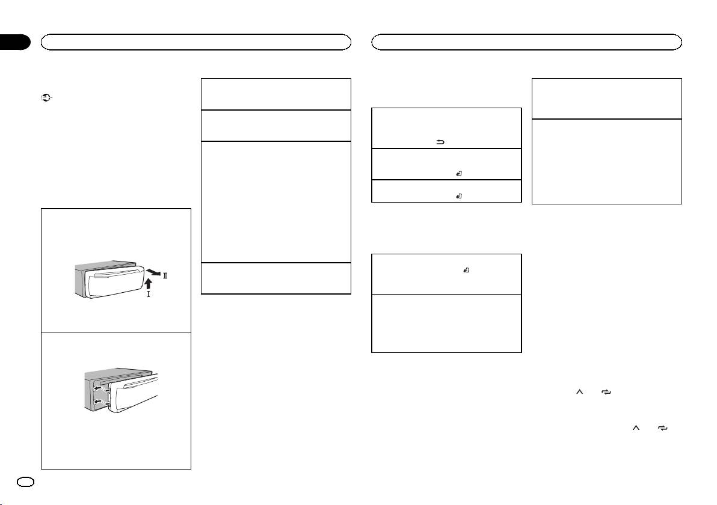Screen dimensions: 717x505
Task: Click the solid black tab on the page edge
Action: pos(14,42)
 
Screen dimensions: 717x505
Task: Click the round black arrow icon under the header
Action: pos(47,97)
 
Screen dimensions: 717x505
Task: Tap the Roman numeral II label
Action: pos(165,275)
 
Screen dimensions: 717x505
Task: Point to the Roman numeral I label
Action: pos(148,295)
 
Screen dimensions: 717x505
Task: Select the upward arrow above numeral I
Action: pos(148,283)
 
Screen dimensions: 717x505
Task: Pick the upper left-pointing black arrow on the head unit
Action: pos(97,389)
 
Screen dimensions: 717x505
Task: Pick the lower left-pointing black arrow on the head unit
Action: pos(97,402)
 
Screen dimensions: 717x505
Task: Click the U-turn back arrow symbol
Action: pos(440,142)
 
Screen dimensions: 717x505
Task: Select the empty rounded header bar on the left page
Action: pos(195,42)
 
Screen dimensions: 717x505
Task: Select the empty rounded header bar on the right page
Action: pos(526,42)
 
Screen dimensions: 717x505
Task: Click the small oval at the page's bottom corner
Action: pos(25,482)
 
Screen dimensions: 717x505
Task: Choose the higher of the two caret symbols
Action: pos(580,392)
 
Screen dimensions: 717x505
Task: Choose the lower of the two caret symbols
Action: pos(636,428)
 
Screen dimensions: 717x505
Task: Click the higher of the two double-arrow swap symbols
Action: pos(606,392)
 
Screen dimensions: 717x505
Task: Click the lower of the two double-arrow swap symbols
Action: pos(662,428)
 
